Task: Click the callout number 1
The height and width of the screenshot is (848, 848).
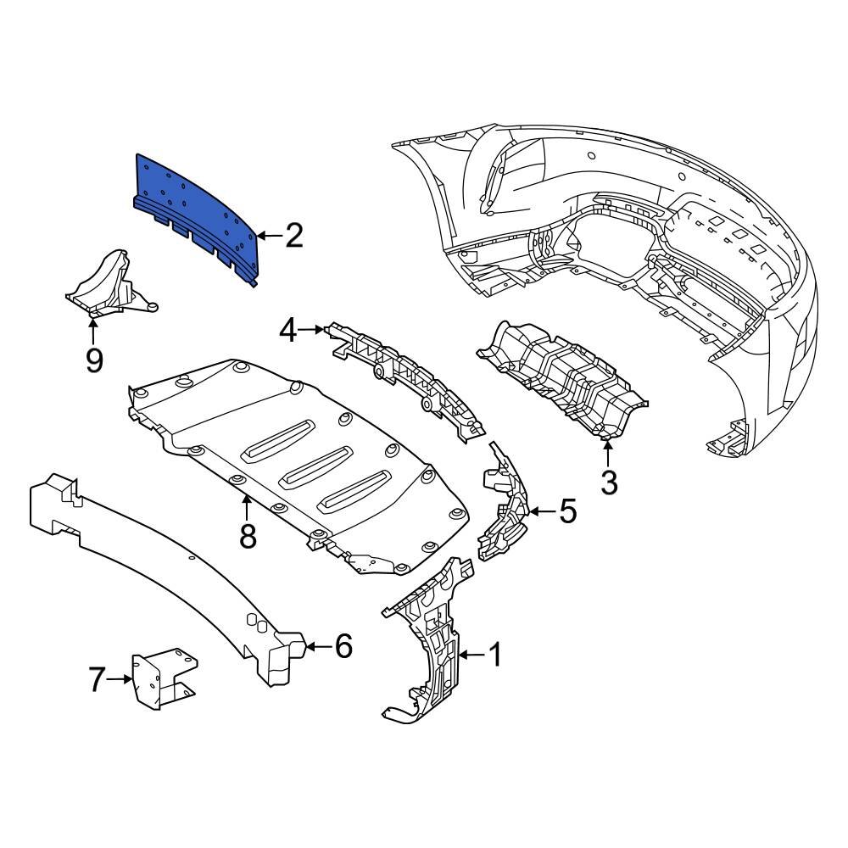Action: pos(494,655)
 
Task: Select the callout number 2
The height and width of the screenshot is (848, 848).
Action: pos(293,236)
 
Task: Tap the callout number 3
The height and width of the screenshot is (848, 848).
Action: pos(609,482)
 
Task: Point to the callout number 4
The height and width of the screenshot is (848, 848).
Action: pos(289,329)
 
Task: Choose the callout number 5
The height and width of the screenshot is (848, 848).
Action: pos(566,511)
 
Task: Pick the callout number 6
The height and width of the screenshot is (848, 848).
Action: pos(343,647)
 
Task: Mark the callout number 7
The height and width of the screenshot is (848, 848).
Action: pos(98,678)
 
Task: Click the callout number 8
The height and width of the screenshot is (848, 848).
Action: pos(247,535)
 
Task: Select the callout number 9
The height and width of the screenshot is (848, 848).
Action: pos(93,360)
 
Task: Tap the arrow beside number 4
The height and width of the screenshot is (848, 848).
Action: pos(314,329)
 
